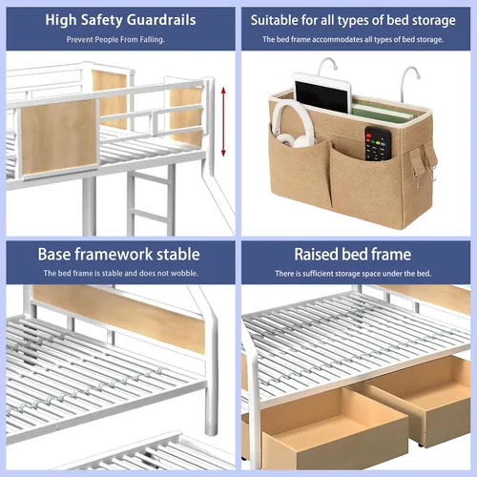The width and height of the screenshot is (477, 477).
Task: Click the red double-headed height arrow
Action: click(223, 122)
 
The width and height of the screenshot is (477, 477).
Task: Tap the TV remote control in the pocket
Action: click(378, 144)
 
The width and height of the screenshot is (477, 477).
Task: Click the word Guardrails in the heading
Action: click(161, 20)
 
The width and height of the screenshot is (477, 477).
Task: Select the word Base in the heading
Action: click(54, 255)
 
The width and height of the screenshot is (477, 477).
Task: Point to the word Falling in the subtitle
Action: click(152, 40)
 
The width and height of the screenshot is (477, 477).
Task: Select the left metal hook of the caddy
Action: click(327, 65)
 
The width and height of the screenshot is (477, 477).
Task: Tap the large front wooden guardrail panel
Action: click(59, 137)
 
